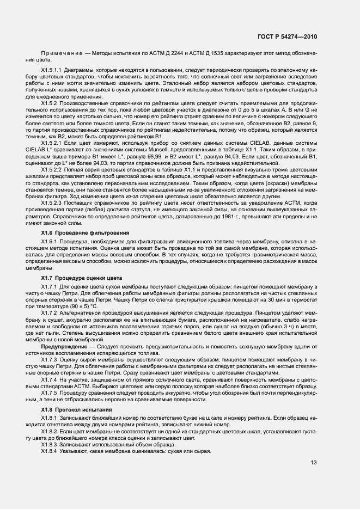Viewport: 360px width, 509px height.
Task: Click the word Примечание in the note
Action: coord(59,56)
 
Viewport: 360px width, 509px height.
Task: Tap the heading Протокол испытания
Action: coord(81,409)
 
